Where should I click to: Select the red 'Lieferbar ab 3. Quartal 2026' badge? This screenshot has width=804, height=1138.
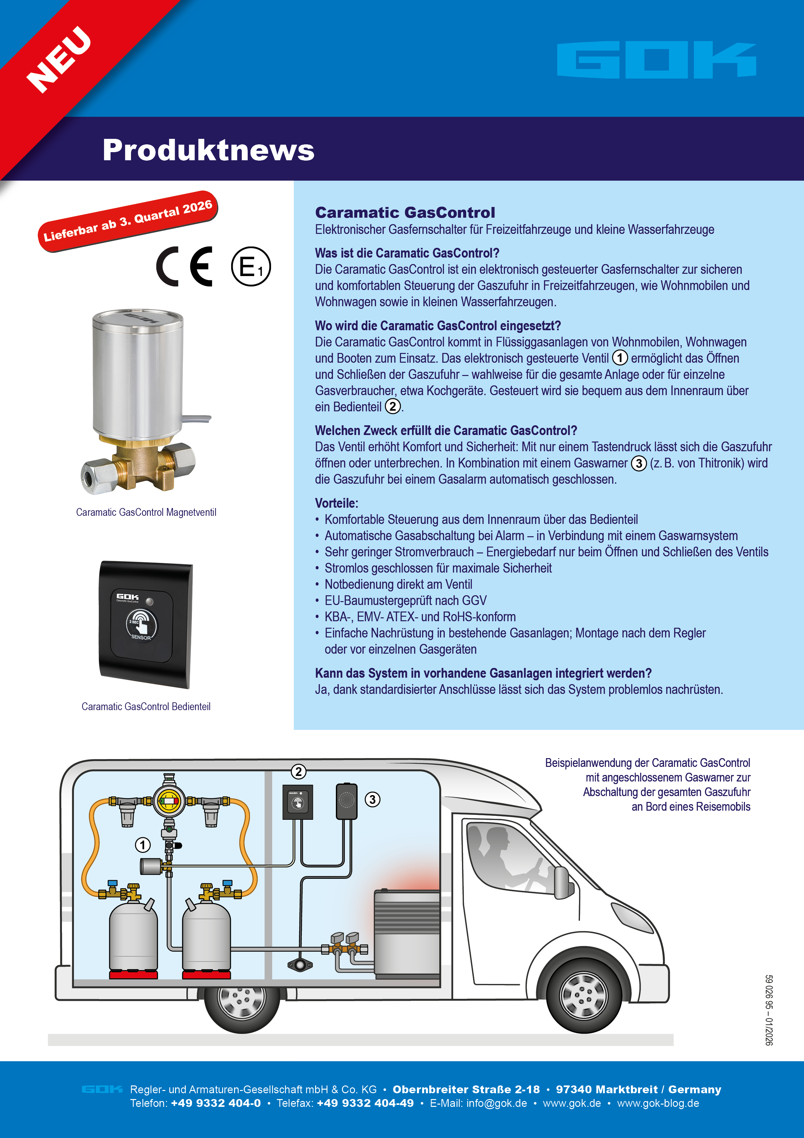click(128, 221)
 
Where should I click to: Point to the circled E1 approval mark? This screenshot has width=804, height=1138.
click(251, 267)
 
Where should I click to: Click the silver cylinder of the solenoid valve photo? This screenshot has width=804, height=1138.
click(138, 372)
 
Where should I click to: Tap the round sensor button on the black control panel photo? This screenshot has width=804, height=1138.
click(141, 624)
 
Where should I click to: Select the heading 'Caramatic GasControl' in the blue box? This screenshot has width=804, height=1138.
click(405, 212)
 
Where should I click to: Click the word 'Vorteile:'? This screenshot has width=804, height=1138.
click(337, 503)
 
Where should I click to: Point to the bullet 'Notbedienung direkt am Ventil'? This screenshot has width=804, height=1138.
click(398, 584)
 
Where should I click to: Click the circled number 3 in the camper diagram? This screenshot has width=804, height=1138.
click(372, 799)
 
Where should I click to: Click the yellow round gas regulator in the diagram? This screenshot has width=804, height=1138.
click(169, 801)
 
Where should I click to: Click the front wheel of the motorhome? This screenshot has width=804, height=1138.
click(584, 995)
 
